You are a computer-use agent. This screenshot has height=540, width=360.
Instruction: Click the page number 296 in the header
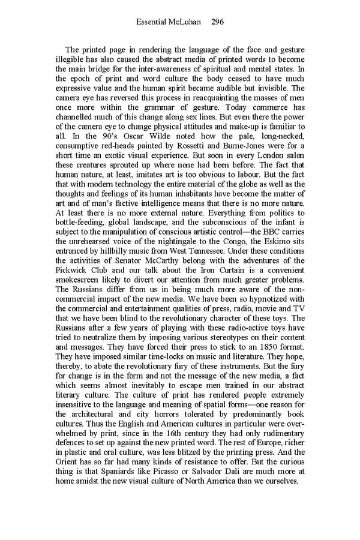coord(218,22)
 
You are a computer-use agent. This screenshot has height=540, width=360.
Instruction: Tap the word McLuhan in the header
coord(185,22)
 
